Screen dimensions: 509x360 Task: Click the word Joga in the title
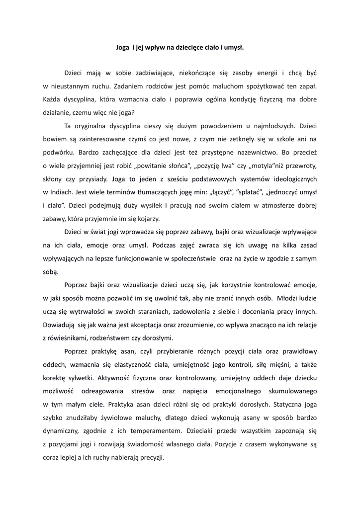tap(122, 48)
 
